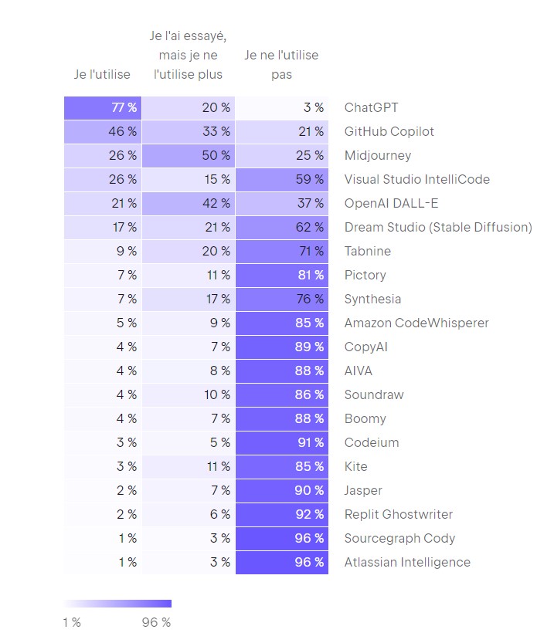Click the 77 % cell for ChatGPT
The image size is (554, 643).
tap(103, 107)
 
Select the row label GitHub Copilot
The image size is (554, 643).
tap(389, 131)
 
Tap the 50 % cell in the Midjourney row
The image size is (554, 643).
tap(189, 155)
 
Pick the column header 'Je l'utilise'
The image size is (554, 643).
tap(103, 74)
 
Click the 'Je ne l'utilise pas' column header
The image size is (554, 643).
tap(281, 65)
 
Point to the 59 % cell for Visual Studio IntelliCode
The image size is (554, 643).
tap(281, 179)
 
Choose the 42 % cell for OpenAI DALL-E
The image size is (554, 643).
tap(189, 203)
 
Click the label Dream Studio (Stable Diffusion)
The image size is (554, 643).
tap(438, 227)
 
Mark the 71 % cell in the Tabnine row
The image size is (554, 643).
tap(281, 251)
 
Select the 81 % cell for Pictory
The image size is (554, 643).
tap(281, 275)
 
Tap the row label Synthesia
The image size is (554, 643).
tap(372, 299)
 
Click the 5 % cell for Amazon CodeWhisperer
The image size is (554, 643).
tap(103, 323)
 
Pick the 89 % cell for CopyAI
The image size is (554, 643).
tap(281, 347)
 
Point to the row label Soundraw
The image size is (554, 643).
tap(374, 394)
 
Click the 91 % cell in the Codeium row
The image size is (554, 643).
tap(281, 442)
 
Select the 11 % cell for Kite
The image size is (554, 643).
tap(189, 466)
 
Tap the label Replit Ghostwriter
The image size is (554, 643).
tap(398, 514)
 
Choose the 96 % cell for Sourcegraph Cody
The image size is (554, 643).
tap(281, 538)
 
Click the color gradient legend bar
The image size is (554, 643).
tap(117, 604)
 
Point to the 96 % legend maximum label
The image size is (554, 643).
tap(156, 623)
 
